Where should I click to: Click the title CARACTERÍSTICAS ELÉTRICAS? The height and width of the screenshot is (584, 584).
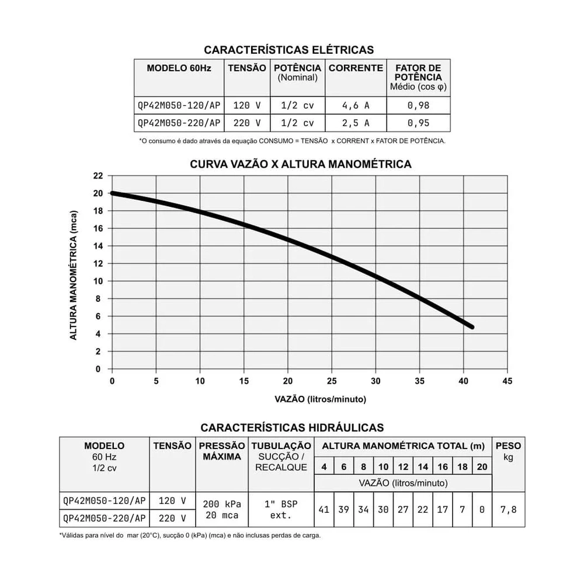pyautogui.click(x=288, y=50)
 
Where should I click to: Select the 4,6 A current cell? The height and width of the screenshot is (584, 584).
pyautogui.click(x=355, y=106)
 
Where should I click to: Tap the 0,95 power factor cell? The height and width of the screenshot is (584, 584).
pyautogui.click(x=419, y=123)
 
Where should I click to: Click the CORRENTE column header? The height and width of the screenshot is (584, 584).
pyautogui.click(x=356, y=68)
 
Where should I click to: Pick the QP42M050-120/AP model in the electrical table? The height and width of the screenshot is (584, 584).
pyautogui.click(x=179, y=106)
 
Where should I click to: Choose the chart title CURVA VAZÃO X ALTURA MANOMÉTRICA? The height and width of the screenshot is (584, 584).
pyautogui.click(x=301, y=164)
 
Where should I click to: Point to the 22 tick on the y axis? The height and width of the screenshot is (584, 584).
pyautogui.click(x=98, y=176)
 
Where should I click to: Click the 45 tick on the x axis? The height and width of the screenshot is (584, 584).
pyautogui.click(x=507, y=381)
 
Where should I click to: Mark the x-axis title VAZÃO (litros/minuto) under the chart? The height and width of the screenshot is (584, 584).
pyautogui.click(x=320, y=400)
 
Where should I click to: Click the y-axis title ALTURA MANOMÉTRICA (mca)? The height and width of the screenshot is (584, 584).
pyautogui.click(x=74, y=273)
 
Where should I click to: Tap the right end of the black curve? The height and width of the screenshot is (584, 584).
pyautogui.click(x=471, y=327)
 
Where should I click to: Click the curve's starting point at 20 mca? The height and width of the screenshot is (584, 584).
pyautogui.click(x=113, y=193)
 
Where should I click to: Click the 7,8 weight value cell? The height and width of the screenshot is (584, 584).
pyautogui.click(x=508, y=510)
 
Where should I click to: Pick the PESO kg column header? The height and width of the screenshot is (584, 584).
pyautogui.click(x=508, y=451)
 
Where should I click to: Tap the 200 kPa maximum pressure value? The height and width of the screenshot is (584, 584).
pyautogui.click(x=222, y=504)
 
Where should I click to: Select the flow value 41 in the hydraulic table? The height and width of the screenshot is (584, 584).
pyautogui.click(x=324, y=510)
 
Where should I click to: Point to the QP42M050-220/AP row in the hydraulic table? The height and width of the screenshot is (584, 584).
pyautogui.click(x=105, y=518)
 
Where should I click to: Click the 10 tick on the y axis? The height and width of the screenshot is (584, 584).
pyautogui.click(x=98, y=281)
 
